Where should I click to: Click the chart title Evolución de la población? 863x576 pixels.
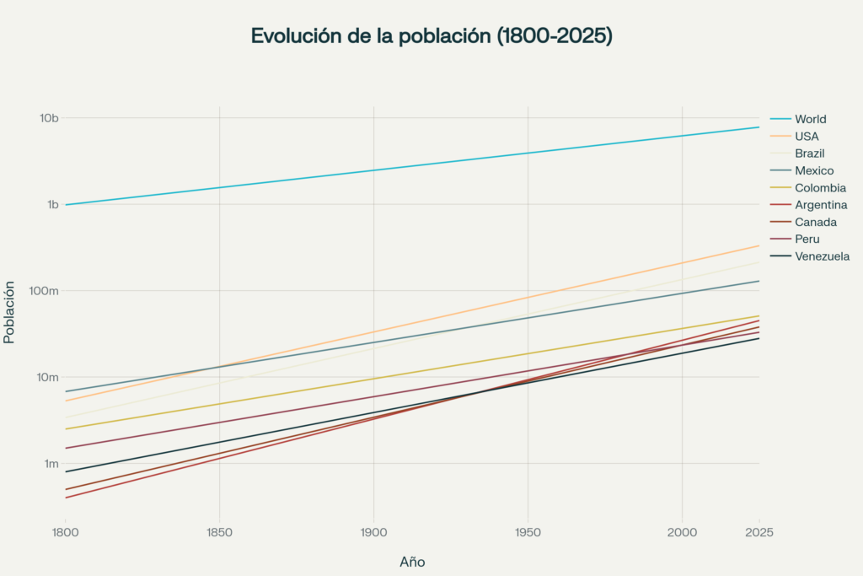431,36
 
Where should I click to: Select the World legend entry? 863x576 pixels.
810,119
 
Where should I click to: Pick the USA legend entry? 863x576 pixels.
807,137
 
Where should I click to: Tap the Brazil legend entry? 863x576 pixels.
809,153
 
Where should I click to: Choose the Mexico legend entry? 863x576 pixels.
813,170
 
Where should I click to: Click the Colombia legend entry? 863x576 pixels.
820,187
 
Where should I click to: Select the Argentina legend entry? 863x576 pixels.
821,205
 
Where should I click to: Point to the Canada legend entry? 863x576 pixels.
815,222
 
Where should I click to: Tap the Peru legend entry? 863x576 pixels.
807,239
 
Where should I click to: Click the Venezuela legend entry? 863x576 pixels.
822,256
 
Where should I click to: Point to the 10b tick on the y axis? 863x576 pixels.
49,118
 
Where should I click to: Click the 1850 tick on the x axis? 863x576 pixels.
219,532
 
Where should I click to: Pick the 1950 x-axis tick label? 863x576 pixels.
528,532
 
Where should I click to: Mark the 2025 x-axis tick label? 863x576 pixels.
759,532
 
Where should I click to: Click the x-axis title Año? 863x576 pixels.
412,561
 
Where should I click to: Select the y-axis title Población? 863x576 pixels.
10,312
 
